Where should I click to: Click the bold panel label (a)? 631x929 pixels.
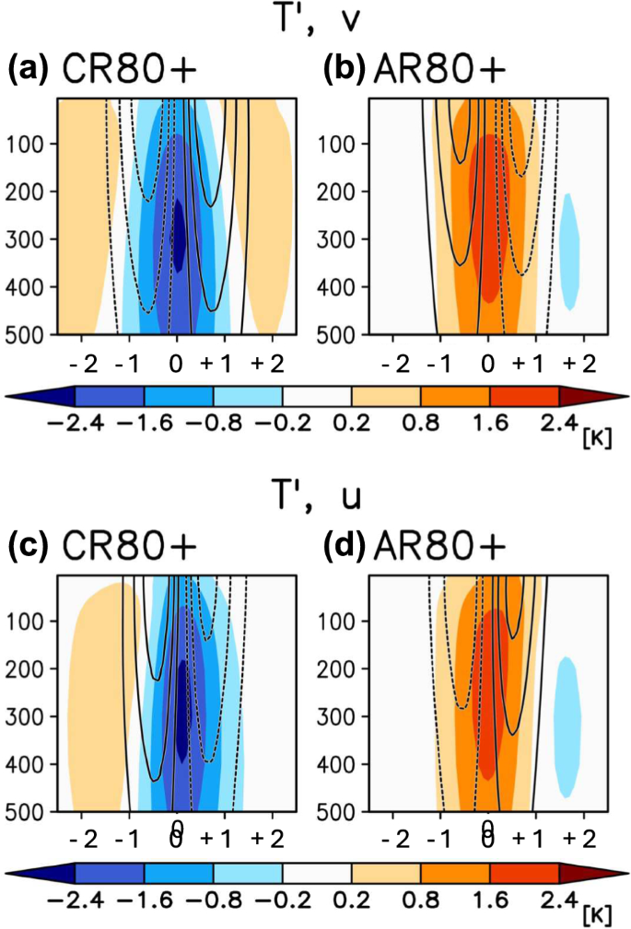pyautogui.click(x=29, y=72)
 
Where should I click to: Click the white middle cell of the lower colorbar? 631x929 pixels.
pyautogui.click(x=316, y=873)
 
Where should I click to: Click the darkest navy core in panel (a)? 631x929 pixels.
pyautogui.click(x=179, y=239)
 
